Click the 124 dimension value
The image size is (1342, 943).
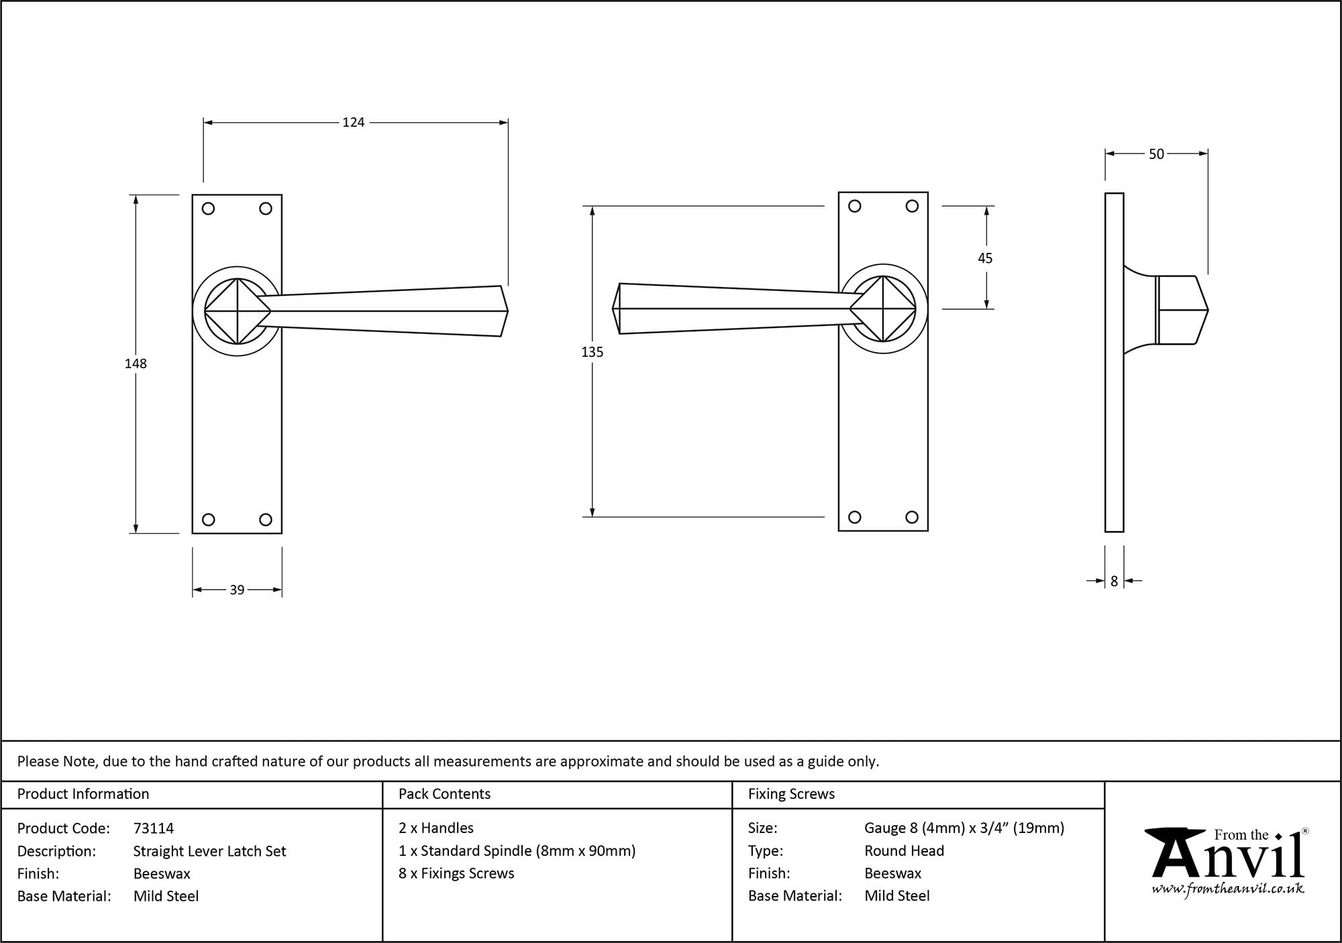[354, 122]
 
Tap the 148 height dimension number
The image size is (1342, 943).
[136, 364]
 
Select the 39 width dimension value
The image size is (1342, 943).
[237, 590]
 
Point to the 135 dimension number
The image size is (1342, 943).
[592, 352]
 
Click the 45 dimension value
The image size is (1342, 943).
[985, 258]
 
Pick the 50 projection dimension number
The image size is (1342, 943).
[1156, 154]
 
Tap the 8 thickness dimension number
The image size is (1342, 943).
[1114, 581]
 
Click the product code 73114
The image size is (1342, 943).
[154, 828]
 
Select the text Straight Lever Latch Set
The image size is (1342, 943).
[209, 851]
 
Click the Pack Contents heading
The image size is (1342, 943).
[444, 794]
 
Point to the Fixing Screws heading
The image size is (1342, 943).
[791, 794]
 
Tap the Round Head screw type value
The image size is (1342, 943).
[904, 851]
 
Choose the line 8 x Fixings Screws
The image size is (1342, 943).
[456, 873]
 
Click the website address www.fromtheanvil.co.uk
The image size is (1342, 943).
[1228, 889]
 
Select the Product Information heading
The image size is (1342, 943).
[83, 794]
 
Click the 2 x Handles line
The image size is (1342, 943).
[436, 828]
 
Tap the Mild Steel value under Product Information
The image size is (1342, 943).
[166, 896]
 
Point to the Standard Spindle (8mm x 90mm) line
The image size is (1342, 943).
[517, 851]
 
